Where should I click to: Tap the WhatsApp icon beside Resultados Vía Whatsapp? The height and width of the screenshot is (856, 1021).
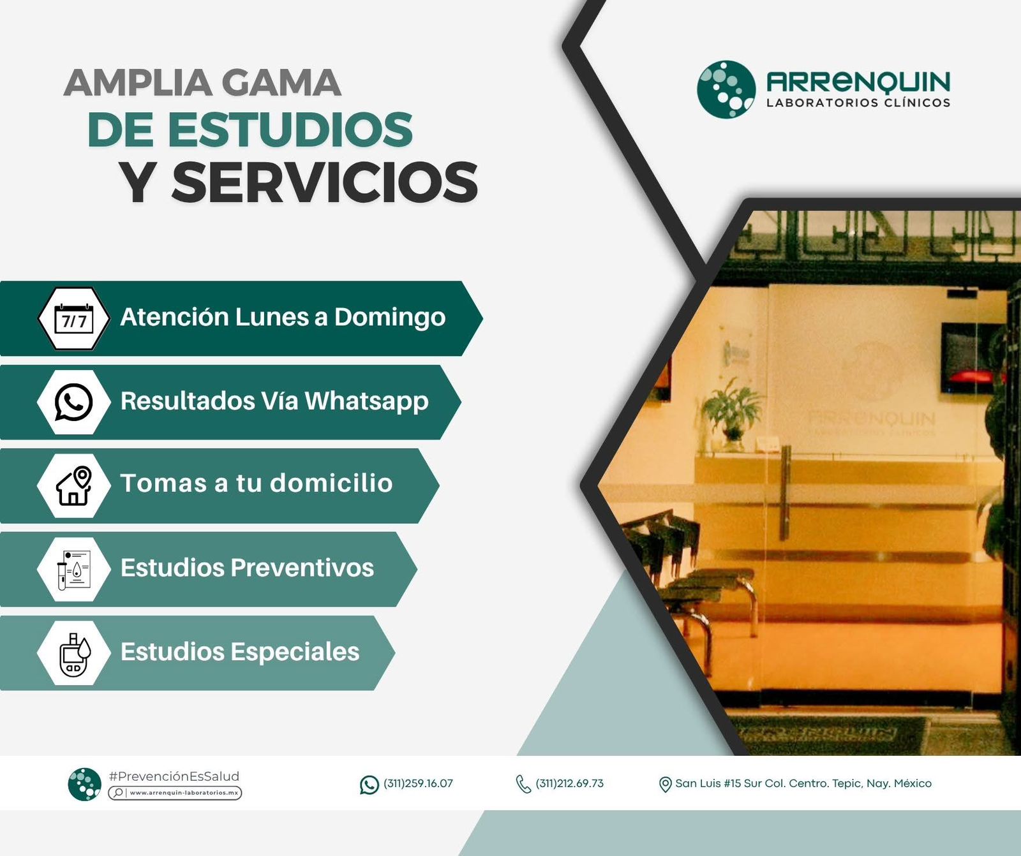click(x=74, y=402)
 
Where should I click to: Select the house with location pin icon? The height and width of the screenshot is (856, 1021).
click(x=75, y=485)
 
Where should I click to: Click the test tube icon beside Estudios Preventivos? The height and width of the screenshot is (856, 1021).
click(x=74, y=570)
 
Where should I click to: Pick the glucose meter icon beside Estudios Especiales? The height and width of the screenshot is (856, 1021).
click(x=75, y=654)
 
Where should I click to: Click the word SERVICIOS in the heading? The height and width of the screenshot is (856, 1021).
click(x=325, y=182)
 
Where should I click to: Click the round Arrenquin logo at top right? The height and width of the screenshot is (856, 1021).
click(x=726, y=89)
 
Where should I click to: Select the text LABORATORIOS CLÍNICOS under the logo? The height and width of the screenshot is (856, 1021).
click(x=858, y=103)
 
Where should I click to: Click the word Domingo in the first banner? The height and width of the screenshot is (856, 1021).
click(x=390, y=318)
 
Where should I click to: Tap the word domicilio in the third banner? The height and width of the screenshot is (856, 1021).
click(x=331, y=483)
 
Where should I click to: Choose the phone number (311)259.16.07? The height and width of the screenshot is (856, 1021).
click(x=418, y=783)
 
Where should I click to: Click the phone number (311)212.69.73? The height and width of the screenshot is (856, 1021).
click(x=569, y=783)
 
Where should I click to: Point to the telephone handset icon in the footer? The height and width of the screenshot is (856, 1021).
click(x=523, y=784)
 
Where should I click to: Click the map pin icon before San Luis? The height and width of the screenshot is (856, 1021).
click(x=665, y=784)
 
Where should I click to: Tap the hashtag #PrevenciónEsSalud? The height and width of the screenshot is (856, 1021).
click(x=174, y=776)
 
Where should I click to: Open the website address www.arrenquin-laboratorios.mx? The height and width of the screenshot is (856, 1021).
click(x=184, y=793)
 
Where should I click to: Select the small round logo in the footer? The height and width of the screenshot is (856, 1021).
click(x=85, y=785)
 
